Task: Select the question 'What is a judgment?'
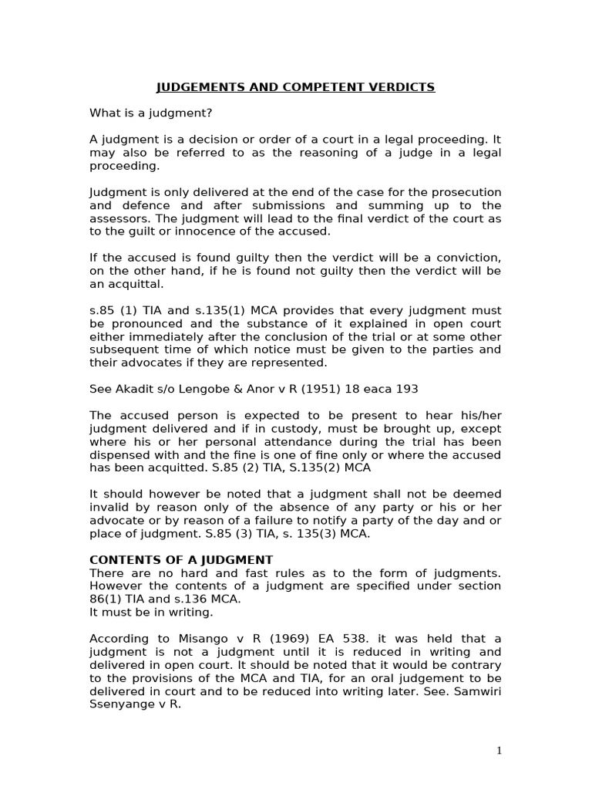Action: coord(150,113)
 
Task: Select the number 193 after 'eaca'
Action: coord(407,389)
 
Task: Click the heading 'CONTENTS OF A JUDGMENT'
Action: coord(181,559)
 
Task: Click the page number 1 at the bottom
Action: coord(499,751)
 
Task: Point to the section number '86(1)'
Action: coord(106,599)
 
